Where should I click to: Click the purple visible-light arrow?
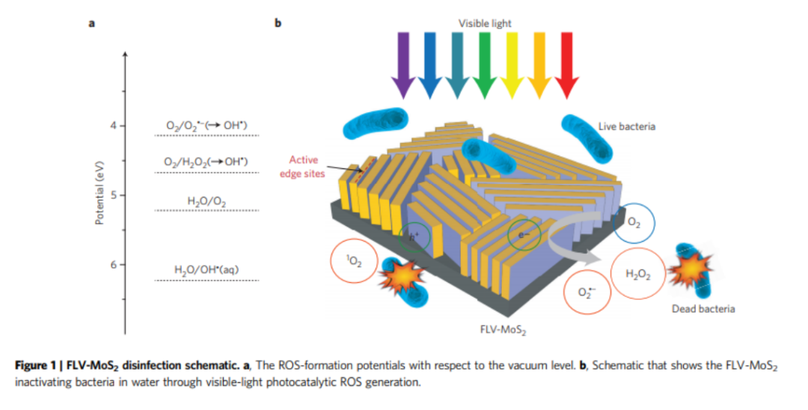coord(403,65)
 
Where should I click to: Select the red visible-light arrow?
coord(566,65)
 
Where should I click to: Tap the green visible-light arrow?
coord(484,65)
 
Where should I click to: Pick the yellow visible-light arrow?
coord(512,65)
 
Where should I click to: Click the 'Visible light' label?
coord(485,23)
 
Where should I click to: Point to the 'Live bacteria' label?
coord(627,126)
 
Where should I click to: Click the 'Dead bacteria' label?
coord(703,308)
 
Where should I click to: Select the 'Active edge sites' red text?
coord(302,167)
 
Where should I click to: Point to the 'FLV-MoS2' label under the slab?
coord(503,330)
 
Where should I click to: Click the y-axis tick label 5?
coord(114,195)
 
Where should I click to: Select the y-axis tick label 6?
coord(114,265)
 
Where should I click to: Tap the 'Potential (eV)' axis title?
coord(100,193)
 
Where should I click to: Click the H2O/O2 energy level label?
coord(206,201)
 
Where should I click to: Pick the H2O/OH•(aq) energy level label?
coord(206,270)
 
